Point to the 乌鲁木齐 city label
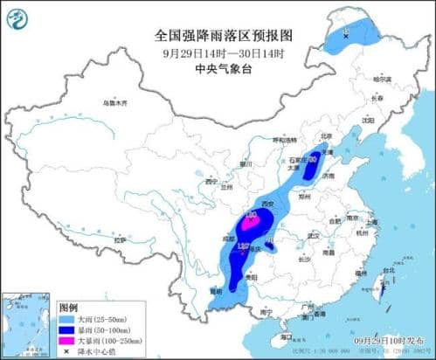click(x=114, y=103)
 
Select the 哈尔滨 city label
click(x=380, y=79)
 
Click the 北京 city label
click(x=326, y=137)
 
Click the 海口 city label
click(x=286, y=335)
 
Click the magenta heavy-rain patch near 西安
click(x=251, y=220)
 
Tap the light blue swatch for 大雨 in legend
click(x=66, y=320)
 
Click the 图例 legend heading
click(x=68, y=308)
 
